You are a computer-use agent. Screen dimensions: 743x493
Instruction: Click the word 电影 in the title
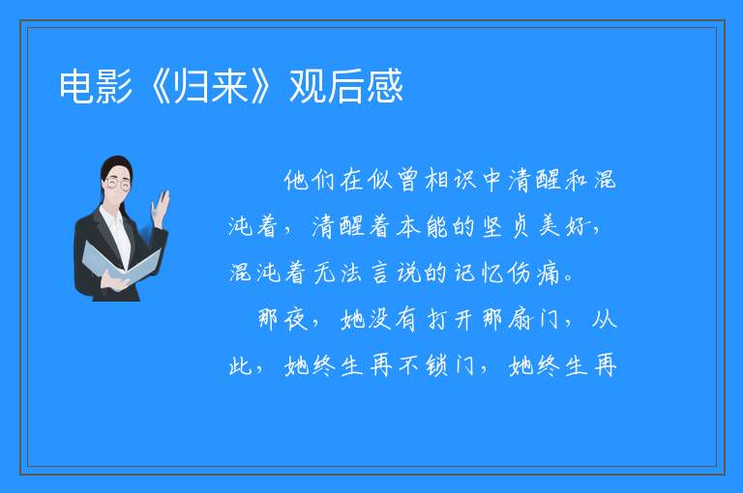click(96, 86)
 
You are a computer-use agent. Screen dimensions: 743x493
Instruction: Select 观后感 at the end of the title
click(346, 86)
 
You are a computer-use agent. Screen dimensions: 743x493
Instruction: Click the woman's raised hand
click(161, 208)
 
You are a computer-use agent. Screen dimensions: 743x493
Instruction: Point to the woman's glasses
click(118, 184)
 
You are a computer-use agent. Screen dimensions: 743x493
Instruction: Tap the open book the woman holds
click(121, 262)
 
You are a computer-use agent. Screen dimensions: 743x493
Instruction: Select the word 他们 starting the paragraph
click(311, 181)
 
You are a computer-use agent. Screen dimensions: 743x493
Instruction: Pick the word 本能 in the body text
click(423, 227)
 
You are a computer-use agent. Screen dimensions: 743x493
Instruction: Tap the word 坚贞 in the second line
click(506, 227)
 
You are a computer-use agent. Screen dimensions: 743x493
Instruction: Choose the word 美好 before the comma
click(564, 226)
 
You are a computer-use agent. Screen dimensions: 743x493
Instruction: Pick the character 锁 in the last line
click(437, 366)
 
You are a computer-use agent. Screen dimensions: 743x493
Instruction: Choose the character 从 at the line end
click(605, 320)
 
